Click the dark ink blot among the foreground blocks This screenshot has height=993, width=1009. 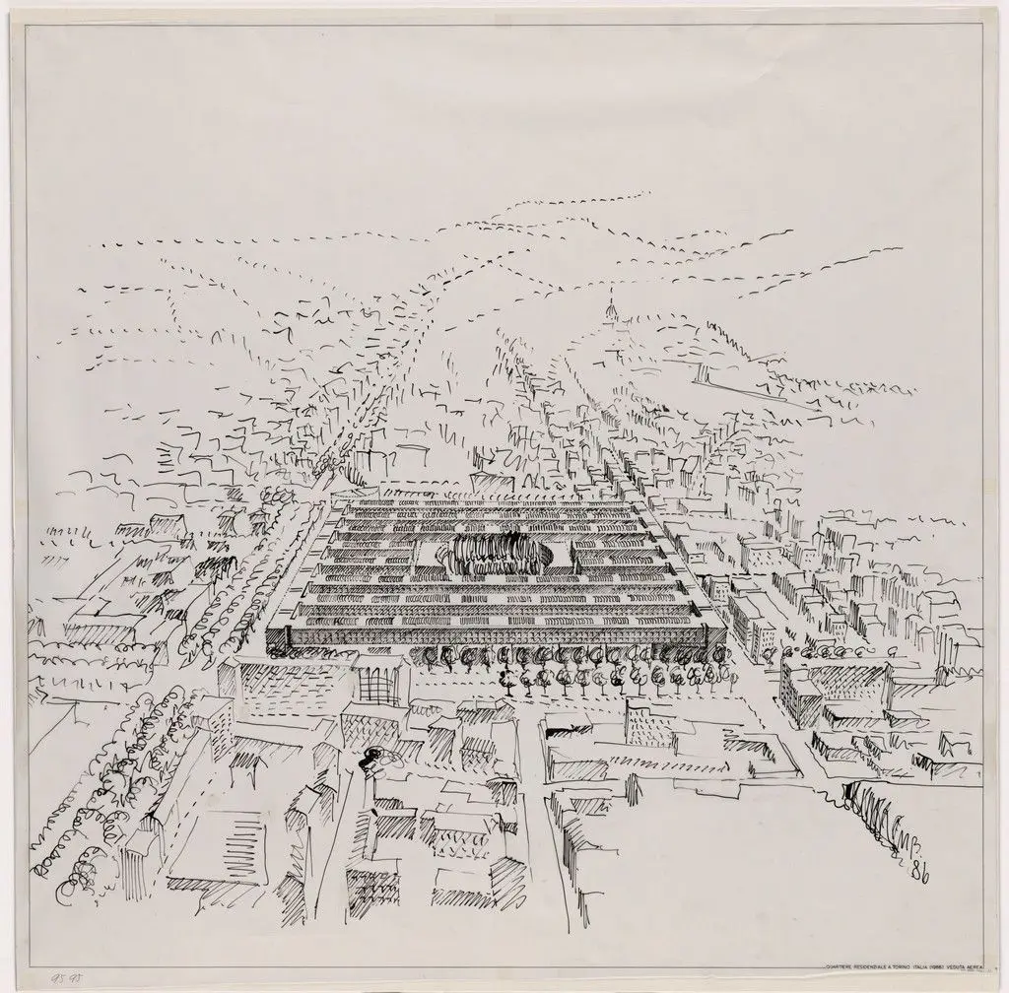click(x=374, y=757)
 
